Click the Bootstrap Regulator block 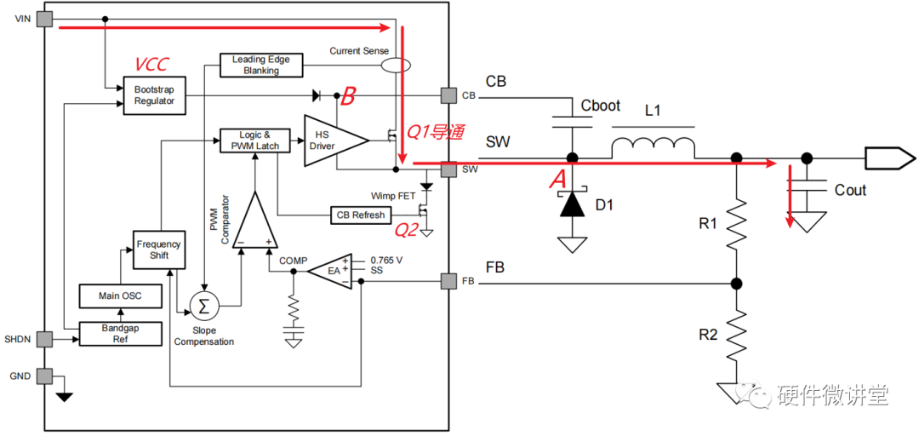[154, 95]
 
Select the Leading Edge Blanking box [262, 65]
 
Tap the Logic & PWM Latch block [255, 141]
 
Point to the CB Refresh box [361, 215]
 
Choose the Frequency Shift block [159, 250]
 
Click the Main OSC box [120, 296]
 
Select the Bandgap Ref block [120, 333]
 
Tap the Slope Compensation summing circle [203, 305]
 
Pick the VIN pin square [44, 20]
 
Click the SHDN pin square [44, 339]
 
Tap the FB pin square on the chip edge [449, 282]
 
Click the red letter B [348, 97]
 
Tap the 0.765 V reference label [386, 260]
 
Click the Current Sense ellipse [395, 65]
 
